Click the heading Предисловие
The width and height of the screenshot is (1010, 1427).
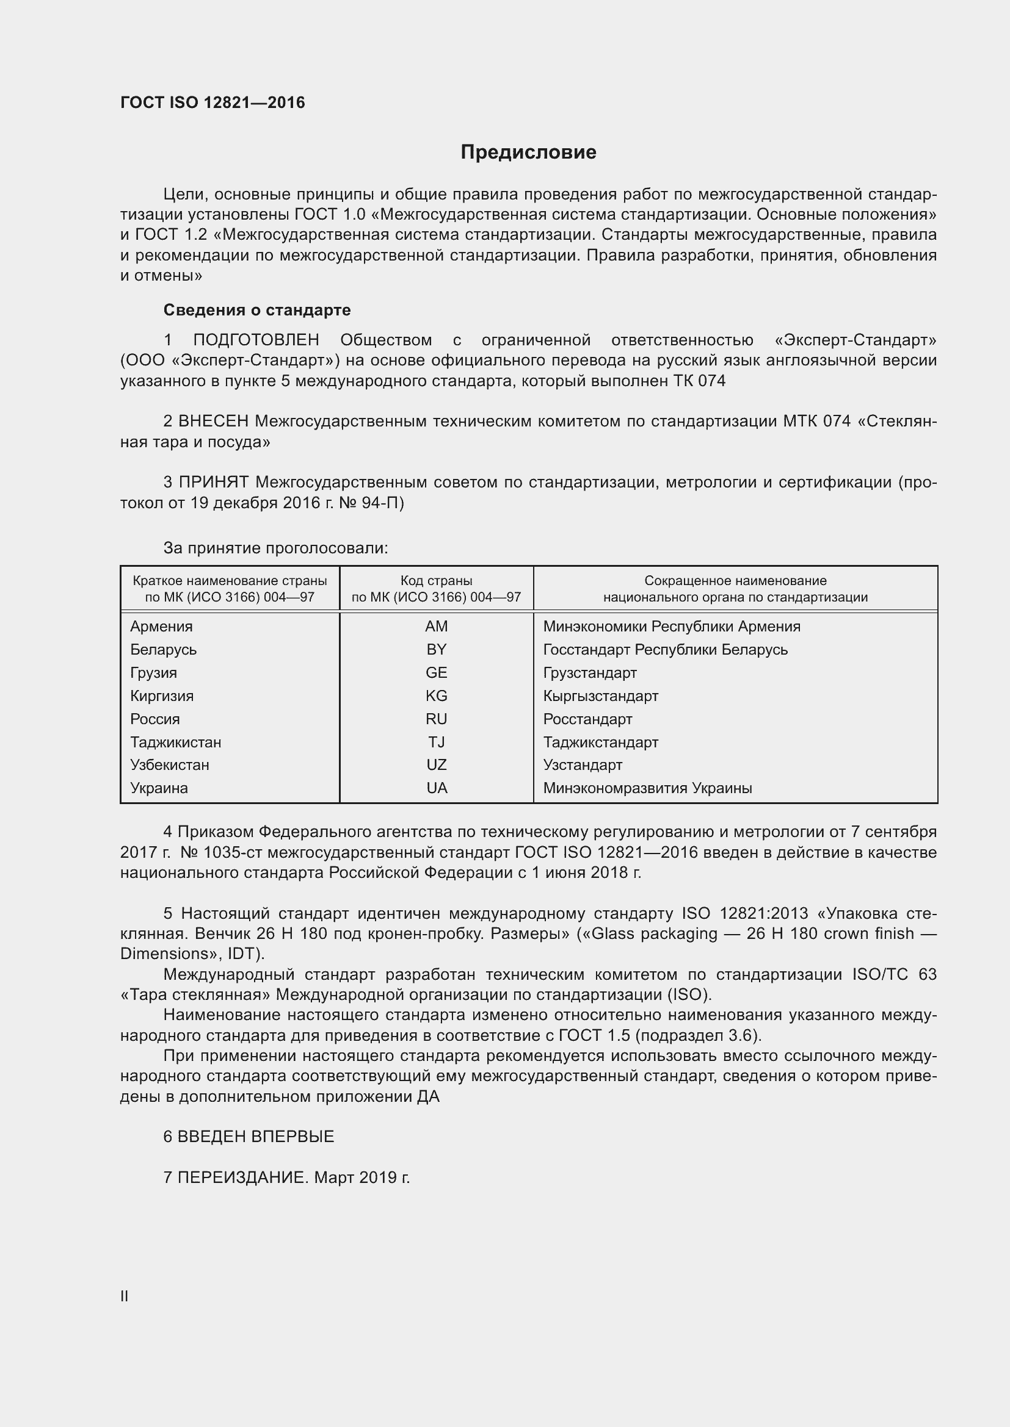[x=528, y=153]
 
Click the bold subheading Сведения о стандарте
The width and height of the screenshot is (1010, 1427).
[x=257, y=309]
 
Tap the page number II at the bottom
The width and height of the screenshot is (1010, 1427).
[x=125, y=1296]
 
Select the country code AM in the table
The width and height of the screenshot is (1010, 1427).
[x=436, y=627]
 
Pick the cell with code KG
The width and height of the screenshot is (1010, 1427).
[x=436, y=696]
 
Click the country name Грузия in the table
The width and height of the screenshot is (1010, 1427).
[x=154, y=673]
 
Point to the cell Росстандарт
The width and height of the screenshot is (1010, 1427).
[x=587, y=719]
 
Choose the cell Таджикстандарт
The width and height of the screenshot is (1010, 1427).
[x=600, y=742]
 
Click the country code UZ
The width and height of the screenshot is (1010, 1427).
[x=436, y=765]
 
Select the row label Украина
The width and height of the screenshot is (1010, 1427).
[x=159, y=788]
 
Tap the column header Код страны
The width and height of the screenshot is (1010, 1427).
[x=436, y=580]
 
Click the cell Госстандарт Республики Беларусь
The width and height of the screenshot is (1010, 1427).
[x=665, y=650]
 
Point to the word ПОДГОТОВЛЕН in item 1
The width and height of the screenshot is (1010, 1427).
[x=256, y=340]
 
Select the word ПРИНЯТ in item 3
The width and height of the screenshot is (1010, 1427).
[x=214, y=483]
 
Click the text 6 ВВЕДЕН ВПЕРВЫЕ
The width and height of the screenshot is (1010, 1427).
[x=249, y=1137]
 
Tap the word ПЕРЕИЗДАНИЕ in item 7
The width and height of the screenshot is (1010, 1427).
[x=242, y=1177]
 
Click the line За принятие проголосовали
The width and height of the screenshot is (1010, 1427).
[x=275, y=548]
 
